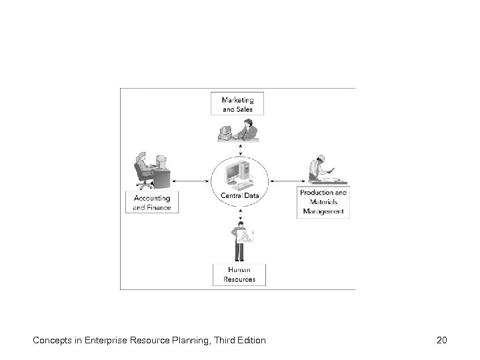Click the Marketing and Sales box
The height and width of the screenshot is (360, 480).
click(237, 103)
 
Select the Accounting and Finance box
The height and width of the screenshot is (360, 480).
click(152, 203)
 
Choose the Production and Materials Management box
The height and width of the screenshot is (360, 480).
click(323, 202)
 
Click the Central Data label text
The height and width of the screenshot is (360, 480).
click(239, 195)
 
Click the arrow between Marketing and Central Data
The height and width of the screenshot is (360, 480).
click(238, 148)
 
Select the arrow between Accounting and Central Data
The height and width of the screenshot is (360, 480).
click(191, 179)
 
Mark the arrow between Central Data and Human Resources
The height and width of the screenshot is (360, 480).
click(238, 213)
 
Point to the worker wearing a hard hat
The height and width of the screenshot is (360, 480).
click(318, 167)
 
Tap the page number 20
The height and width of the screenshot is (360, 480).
click(441, 341)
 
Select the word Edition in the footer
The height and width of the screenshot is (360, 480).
click(249, 341)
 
